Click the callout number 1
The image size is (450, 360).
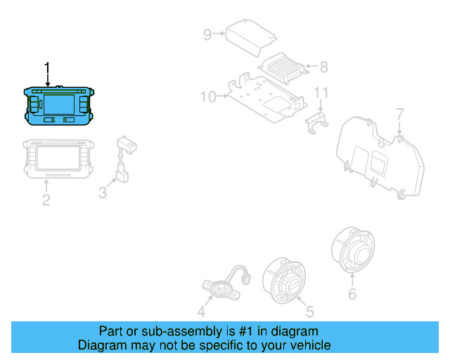47,68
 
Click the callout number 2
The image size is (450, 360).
46,200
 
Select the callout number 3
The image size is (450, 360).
103,191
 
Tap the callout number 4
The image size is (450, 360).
202,311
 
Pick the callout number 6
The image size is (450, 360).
352,294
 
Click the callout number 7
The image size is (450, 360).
399,113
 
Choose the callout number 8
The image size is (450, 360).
323,67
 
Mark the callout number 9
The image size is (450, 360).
207,33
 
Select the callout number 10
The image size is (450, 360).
208,96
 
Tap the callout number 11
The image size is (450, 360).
321,92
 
